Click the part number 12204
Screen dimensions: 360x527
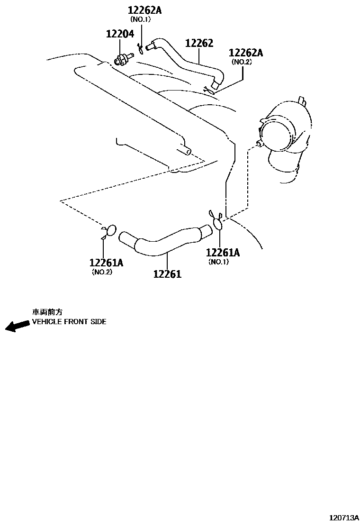point(119,34)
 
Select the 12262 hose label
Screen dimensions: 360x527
point(199,43)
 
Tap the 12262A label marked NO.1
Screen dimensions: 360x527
point(144,9)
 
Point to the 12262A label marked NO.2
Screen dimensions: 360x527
point(245,53)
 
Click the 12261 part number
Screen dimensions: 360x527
point(167,273)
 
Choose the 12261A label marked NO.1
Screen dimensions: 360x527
point(223,253)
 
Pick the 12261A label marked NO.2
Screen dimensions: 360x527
point(106,263)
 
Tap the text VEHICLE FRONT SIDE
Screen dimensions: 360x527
point(69,321)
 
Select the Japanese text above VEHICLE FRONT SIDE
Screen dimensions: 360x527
point(47,312)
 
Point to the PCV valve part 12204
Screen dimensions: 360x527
point(123,60)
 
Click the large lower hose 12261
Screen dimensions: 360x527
point(166,239)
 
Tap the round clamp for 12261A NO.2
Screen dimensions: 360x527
point(110,231)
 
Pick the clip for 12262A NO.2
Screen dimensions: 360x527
point(207,89)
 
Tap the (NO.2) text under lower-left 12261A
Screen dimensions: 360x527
point(102,272)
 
